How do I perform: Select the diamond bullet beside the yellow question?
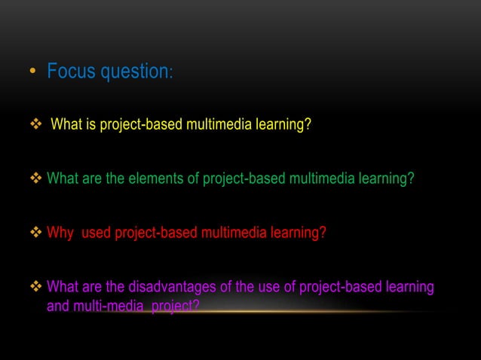pyautogui.click(x=33, y=124)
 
